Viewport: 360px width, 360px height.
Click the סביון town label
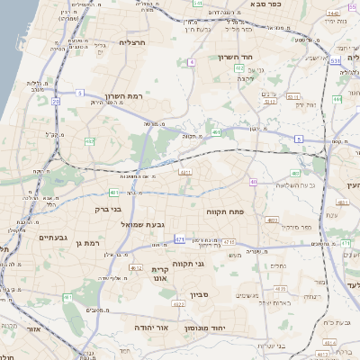(200, 294)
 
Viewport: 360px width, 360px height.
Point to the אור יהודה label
(153, 328)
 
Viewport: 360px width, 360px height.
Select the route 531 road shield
(334, 61)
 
